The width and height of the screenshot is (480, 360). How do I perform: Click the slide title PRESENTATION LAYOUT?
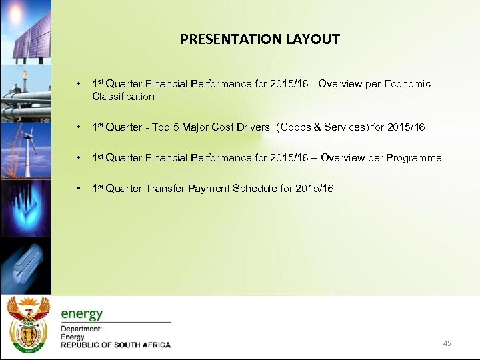coord(259,39)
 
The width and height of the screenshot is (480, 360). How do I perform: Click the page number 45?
coord(447,343)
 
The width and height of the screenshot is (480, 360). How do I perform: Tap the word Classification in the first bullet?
coord(123,97)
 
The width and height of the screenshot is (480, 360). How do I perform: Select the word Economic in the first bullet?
coord(407,84)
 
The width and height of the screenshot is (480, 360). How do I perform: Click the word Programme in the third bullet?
coord(411,158)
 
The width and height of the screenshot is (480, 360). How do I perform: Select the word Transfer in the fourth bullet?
coord(165,189)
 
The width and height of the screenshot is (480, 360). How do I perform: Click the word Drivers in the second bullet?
coord(253,127)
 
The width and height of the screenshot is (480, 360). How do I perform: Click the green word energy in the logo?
coord(82,314)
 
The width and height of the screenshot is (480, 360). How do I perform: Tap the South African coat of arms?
coord(27,323)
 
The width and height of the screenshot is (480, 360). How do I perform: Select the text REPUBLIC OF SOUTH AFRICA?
coord(115,345)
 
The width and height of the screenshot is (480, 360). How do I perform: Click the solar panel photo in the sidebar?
coord(27,30)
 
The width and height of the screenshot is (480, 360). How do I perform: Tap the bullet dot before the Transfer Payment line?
coord(79,189)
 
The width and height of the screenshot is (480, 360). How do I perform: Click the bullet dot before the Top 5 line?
coord(79,127)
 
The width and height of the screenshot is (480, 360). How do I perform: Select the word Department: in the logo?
coord(81,329)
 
